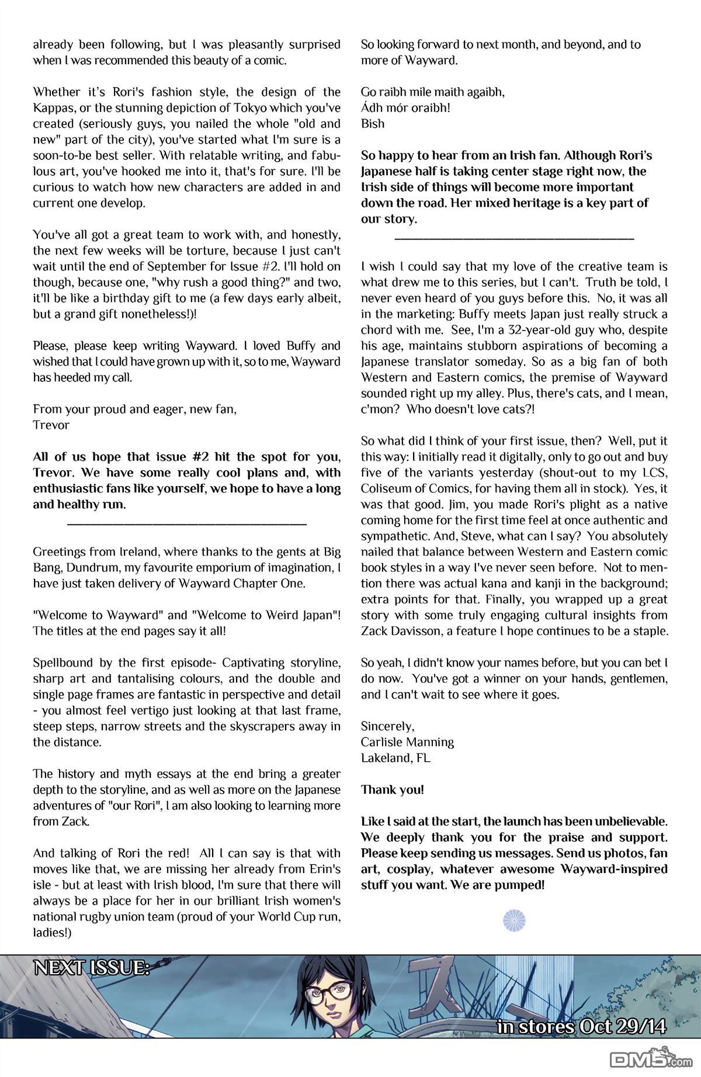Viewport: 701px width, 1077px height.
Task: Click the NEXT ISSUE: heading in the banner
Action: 92,968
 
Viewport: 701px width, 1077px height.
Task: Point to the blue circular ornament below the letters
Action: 511,920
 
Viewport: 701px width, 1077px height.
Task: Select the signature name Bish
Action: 373,124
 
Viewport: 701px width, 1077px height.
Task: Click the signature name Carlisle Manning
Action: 407,742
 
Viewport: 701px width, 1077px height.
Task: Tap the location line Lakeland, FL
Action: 395,758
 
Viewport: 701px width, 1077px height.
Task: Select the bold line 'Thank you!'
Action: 392,790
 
